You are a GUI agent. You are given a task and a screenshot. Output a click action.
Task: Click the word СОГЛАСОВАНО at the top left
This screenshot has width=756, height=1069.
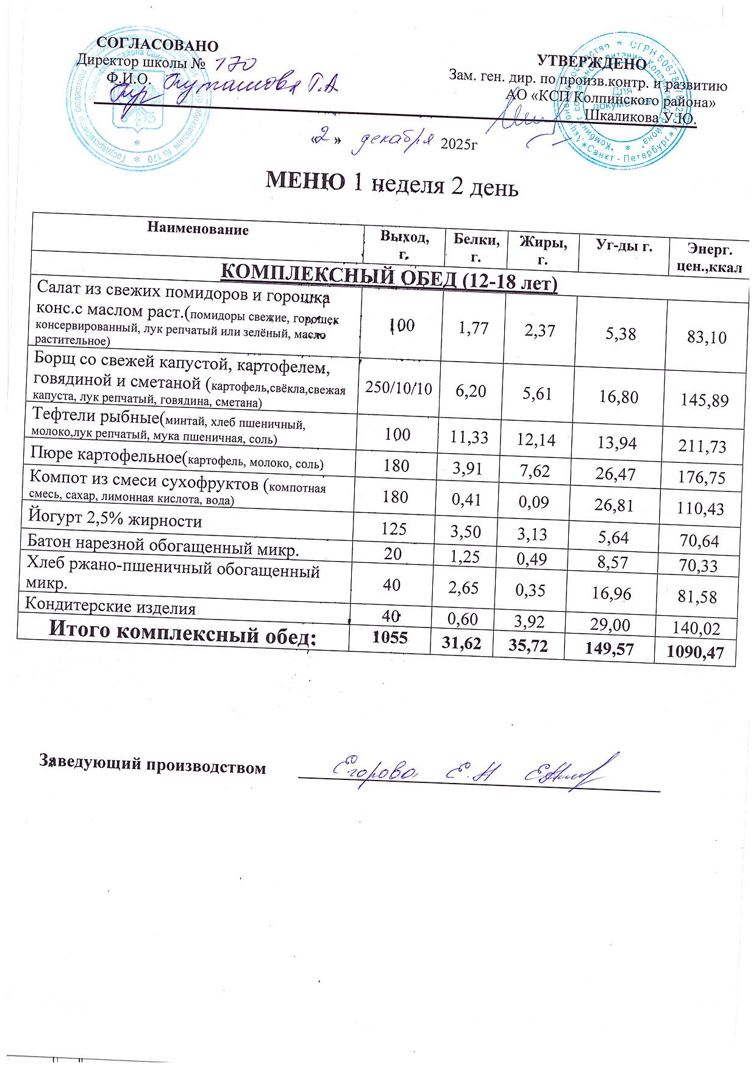(157, 45)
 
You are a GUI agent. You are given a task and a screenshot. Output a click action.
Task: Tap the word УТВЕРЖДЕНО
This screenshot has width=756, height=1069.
(591, 63)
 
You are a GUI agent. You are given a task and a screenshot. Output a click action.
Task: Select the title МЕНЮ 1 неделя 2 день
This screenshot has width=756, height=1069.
(392, 182)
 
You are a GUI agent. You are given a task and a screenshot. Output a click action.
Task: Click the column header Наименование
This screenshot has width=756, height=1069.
(198, 229)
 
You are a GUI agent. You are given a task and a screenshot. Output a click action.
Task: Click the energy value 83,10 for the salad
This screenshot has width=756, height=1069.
(707, 337)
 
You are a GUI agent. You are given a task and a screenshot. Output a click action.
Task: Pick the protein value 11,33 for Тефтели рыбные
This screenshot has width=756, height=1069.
(469, 437)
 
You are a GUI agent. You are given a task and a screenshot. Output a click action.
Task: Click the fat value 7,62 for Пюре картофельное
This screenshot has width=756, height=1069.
(536, 471)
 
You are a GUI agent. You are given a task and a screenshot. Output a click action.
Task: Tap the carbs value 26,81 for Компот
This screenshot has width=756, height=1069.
(614, 506)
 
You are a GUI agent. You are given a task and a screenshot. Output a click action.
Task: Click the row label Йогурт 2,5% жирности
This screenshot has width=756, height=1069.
(115, 520)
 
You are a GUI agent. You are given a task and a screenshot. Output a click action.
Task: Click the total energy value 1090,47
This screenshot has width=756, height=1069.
(695, 653)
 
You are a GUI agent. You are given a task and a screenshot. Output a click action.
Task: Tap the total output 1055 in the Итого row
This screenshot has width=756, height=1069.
(390, 638)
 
